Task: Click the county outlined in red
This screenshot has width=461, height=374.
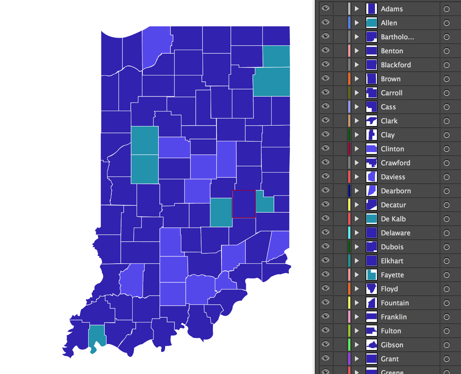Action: pos(244,204)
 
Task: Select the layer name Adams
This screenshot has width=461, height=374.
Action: pos(392,9)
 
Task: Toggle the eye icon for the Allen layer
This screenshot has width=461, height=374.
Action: pos(326,22)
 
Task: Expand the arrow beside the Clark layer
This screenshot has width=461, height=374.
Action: pos(357,121)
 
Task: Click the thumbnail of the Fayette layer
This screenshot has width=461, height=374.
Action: pos(371,275)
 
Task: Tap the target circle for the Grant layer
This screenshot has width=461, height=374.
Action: pos(447,359)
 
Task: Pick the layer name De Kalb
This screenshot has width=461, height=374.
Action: pos(393,219)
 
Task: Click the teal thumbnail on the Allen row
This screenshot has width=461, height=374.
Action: pos(371,23)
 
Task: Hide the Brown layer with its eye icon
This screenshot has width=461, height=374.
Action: pos(326,78)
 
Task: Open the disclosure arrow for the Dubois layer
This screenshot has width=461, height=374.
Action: pos(357,247)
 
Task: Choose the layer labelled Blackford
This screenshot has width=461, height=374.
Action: pos(396,65)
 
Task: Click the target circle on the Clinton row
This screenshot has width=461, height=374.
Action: pos(447,149)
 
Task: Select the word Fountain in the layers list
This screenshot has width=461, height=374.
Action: pos(395,303)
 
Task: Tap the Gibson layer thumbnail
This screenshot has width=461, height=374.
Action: pos(371,345)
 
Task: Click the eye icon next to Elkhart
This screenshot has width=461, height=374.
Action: pos(326,260)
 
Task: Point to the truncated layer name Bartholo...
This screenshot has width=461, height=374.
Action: pos(397,37)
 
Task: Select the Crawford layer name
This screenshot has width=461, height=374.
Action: pos(395,163)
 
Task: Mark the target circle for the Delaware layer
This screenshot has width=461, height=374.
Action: pos(447,233)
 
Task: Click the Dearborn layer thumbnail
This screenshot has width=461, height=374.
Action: pos(371,191)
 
